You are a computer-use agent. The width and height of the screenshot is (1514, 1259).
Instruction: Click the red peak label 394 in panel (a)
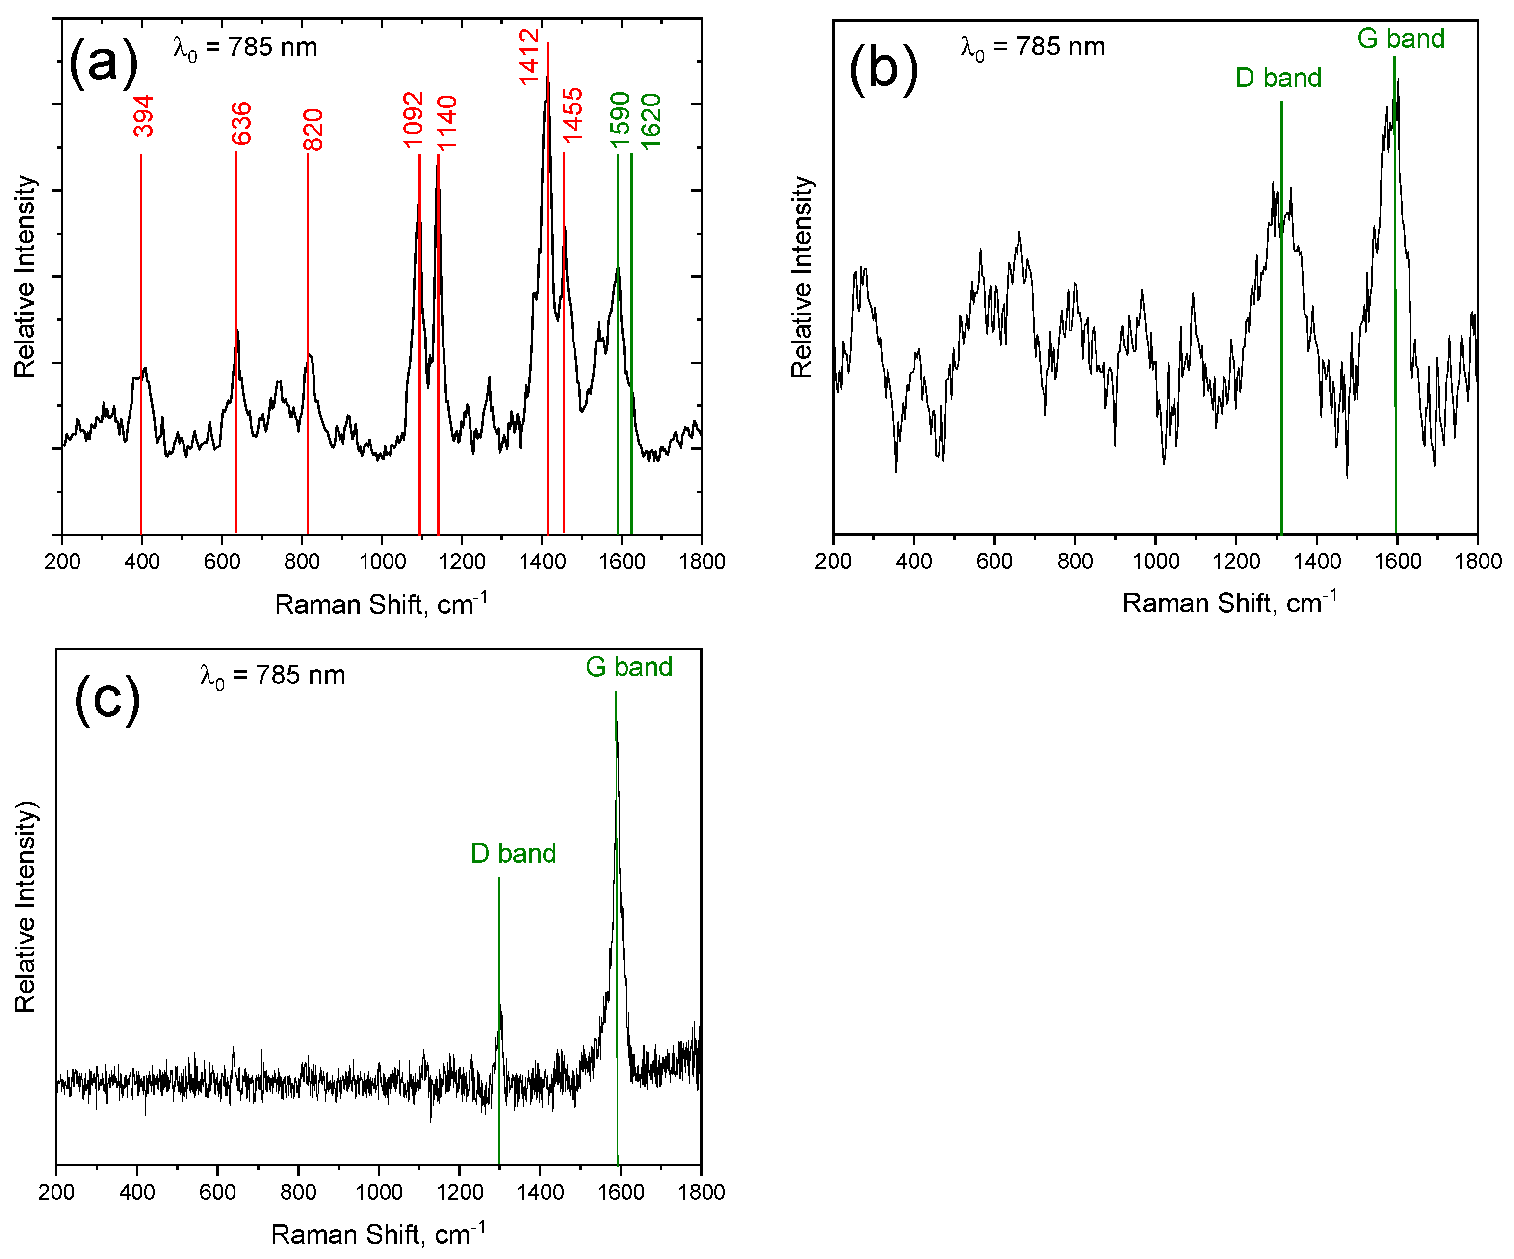[x=143, y=116]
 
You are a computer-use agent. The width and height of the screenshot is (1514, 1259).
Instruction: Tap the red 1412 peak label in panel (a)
[x=529, y=57]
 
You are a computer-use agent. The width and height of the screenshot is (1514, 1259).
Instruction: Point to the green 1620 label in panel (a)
[x=651, y=121]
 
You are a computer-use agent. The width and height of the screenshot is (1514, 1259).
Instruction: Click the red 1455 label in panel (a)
[x=573, y=115]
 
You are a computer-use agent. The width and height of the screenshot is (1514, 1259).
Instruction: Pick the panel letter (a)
[x=103, y=63]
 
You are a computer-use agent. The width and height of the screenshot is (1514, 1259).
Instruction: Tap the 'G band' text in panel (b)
[x=1400, y=38]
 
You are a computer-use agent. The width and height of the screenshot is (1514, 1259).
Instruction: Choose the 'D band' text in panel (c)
[x=513, y=854]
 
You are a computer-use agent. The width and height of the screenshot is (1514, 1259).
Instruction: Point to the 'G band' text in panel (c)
[x=628, y=667]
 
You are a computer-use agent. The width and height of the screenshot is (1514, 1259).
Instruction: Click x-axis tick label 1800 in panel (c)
[x=701, y=1192]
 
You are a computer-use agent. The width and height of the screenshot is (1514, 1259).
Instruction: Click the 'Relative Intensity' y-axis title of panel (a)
[x=25, y=276]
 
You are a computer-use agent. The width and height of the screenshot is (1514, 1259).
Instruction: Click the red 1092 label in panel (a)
[x=413, y=120]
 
